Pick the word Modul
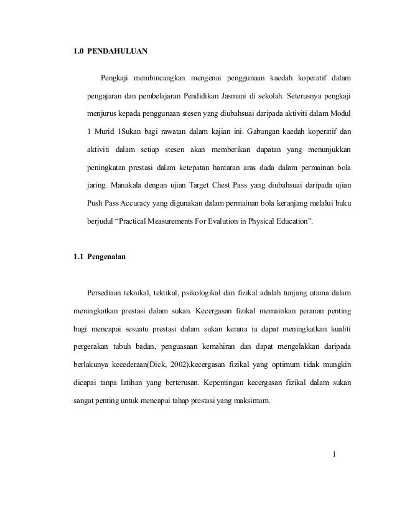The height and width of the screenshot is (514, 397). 339,115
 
